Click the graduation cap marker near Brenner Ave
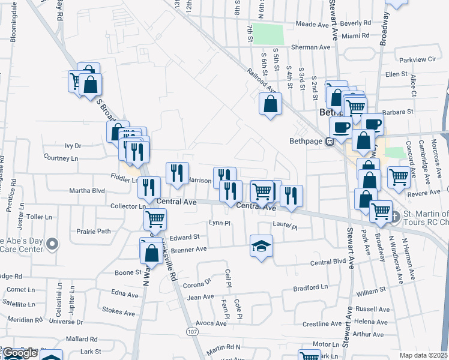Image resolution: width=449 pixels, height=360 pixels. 261,246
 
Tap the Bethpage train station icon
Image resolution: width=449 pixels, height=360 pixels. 330,142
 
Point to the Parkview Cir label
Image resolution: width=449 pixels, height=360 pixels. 418,59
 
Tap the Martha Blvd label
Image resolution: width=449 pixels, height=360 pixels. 87,191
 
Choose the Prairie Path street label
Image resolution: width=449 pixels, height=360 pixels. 94,231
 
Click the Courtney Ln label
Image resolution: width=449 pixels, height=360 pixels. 61,158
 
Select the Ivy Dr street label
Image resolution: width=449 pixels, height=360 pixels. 73,145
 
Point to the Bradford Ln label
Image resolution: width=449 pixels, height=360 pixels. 310,287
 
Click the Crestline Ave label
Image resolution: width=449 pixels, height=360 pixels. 322,324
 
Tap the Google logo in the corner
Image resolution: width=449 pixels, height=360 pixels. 19,353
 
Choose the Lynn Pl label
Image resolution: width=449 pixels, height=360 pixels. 219,223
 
